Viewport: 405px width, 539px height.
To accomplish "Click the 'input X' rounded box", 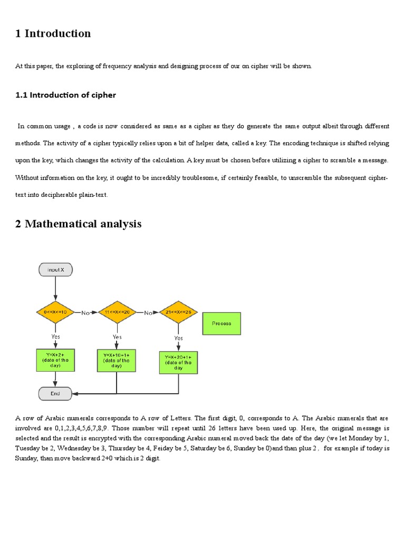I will pos(55,269).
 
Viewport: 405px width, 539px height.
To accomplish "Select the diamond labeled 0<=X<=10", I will pos(55,312).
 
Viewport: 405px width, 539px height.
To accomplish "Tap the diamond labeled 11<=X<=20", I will pos(118,312).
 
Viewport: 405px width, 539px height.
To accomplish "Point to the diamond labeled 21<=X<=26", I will pos(178,312).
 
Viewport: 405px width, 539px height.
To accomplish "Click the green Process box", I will pos(221,323).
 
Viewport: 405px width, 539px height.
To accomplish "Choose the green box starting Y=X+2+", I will pos(55,361).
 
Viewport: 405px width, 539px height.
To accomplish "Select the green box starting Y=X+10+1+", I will pos(117,361).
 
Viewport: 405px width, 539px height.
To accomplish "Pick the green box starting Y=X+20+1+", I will pos(178,362).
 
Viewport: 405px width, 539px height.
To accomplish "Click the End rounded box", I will pos(55,393).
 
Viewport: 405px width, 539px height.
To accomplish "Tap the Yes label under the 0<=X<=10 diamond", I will pos(55,336).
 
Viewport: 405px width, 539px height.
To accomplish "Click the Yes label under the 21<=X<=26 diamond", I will pos(178,338).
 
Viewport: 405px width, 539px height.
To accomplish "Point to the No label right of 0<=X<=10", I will pos(85,313).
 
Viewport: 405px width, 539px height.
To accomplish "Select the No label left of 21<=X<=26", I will pos(149,313).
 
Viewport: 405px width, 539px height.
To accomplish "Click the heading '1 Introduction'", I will pos(53,34).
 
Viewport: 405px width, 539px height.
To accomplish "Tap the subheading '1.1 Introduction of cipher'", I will pos(65,95).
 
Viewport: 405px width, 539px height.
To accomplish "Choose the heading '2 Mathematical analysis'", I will pos(78,224).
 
